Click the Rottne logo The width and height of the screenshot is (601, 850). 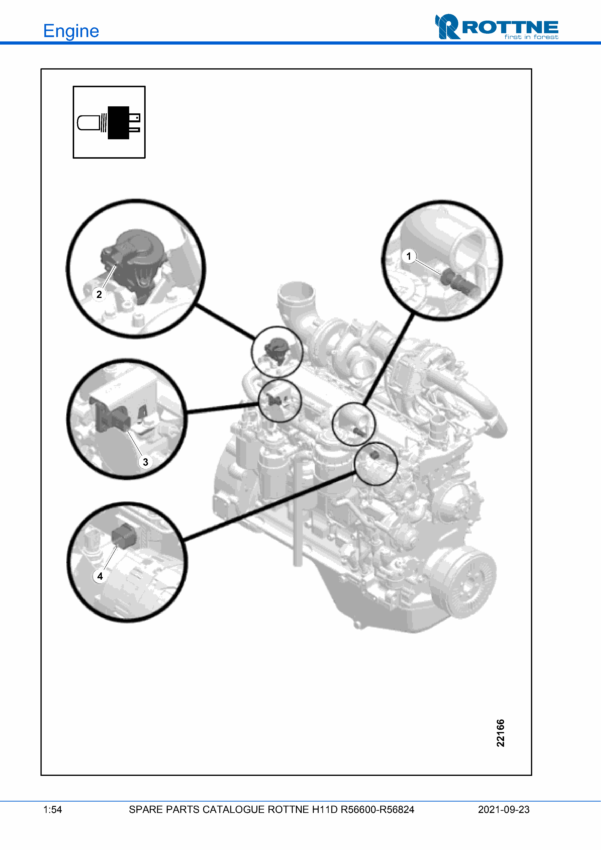pos(497,27)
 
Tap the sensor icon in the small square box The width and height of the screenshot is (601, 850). pos(109,123)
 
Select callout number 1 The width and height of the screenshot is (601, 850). pos(409,256)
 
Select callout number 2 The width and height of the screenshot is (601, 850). pos(99,294)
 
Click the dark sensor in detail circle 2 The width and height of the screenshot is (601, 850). pos(133,263)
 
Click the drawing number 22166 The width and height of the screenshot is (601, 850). pos(500,733)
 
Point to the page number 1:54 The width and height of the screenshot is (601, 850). pos(53,810)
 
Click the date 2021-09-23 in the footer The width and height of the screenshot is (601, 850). pos(504,810)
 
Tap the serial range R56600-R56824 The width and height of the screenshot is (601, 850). pos(377,810)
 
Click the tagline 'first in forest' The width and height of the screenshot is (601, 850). pos(531,37)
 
